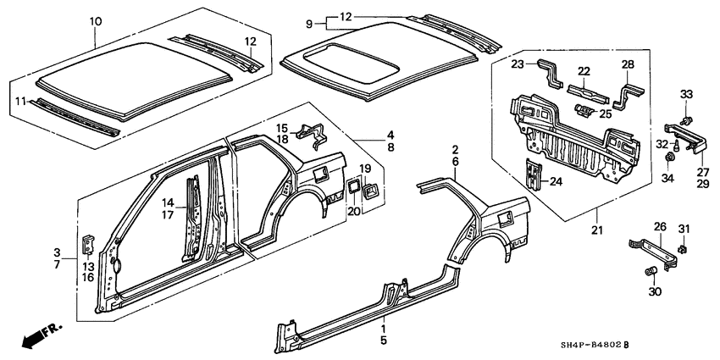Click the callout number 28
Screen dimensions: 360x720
point(629,66)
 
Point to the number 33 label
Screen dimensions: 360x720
point(687,93)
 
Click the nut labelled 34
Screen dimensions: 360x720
point(670,158)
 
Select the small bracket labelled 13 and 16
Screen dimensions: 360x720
point(87,244)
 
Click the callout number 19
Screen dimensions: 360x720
point(354,169)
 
